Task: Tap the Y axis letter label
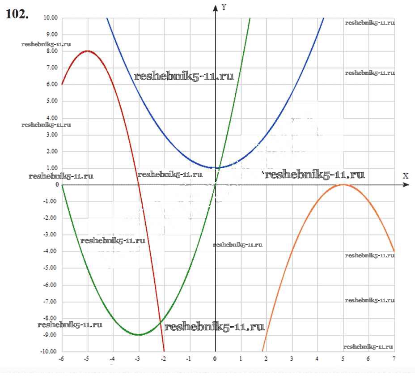(x=224, y=7)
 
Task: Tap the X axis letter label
(x=406, y=175)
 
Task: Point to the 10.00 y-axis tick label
(x=51, y=18)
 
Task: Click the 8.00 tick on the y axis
(x=52, y=51)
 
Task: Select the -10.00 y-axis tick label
(x=50, y=351)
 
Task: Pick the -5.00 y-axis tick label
(x=51, y=268)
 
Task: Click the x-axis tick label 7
(x=394, y=359)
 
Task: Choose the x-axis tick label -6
(x=61, y=359)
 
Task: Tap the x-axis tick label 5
(x=343, y=359)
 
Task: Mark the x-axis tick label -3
(x=138, y=359)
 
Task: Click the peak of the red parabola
(x=88, y=51)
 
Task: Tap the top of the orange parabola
(x=343, y=184)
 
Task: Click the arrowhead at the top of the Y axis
(x=216, y=7)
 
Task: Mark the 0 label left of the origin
(x=57, y=184)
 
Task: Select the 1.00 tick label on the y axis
(x=52, y=168)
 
